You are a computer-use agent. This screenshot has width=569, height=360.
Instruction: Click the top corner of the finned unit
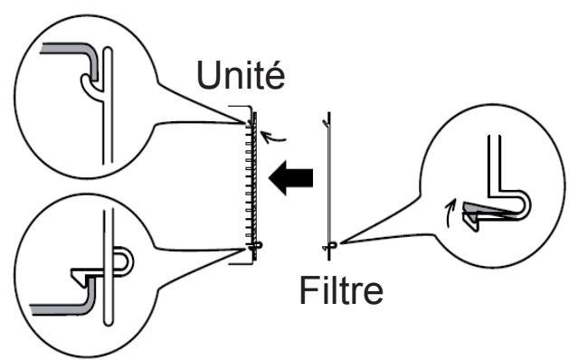(256, 115)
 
